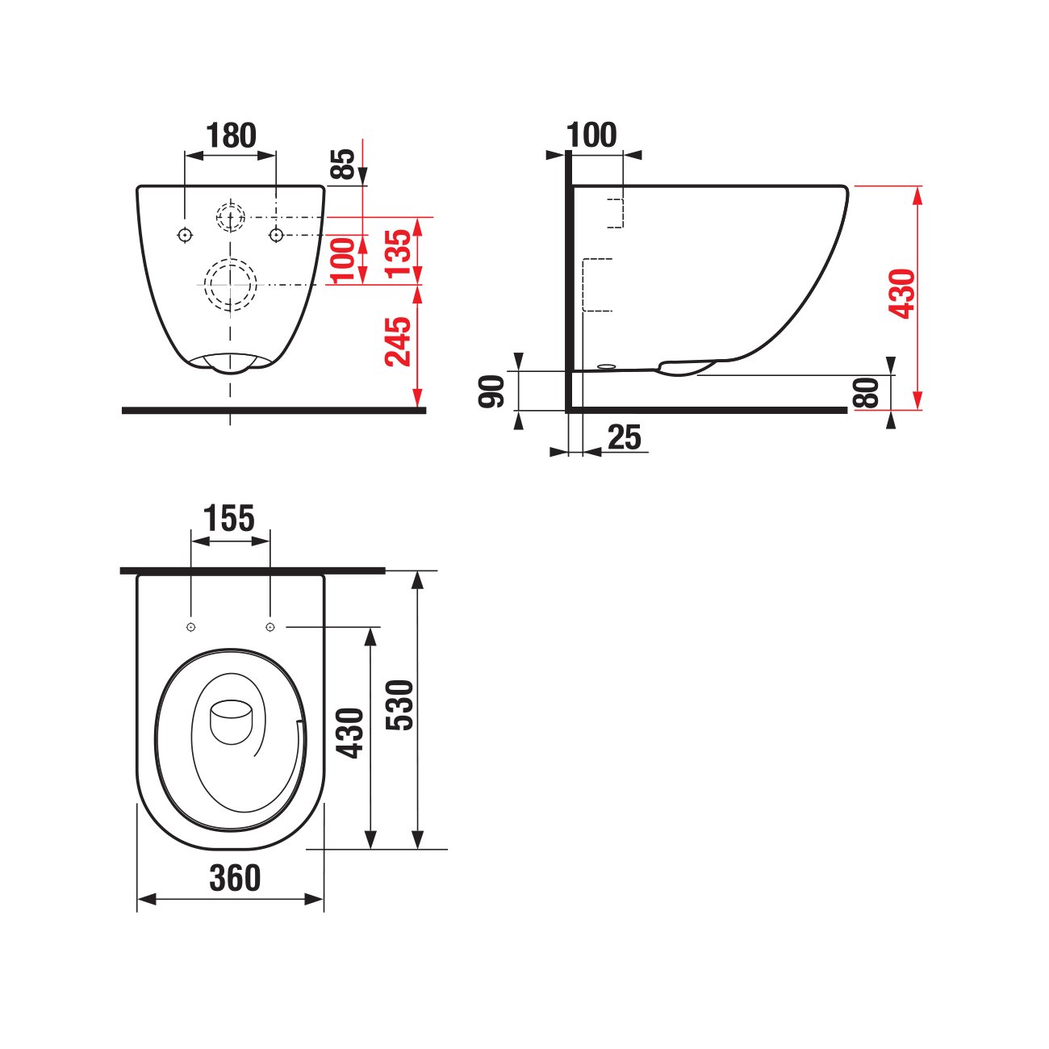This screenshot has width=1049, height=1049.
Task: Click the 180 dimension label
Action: (x=231, y=136)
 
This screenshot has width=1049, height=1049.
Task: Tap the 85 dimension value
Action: (x=344, y=164)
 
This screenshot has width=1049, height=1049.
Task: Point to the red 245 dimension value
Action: (x=398, y=341)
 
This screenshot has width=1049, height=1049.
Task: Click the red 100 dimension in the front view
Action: (x=344, y=260)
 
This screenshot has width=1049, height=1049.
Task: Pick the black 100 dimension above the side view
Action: (x=591, y=135)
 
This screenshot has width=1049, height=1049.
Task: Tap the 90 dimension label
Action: (x=491, y=391)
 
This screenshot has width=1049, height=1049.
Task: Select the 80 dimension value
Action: (x=866, y=393)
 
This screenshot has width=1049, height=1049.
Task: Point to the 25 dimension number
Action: (x=625, y=437)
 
